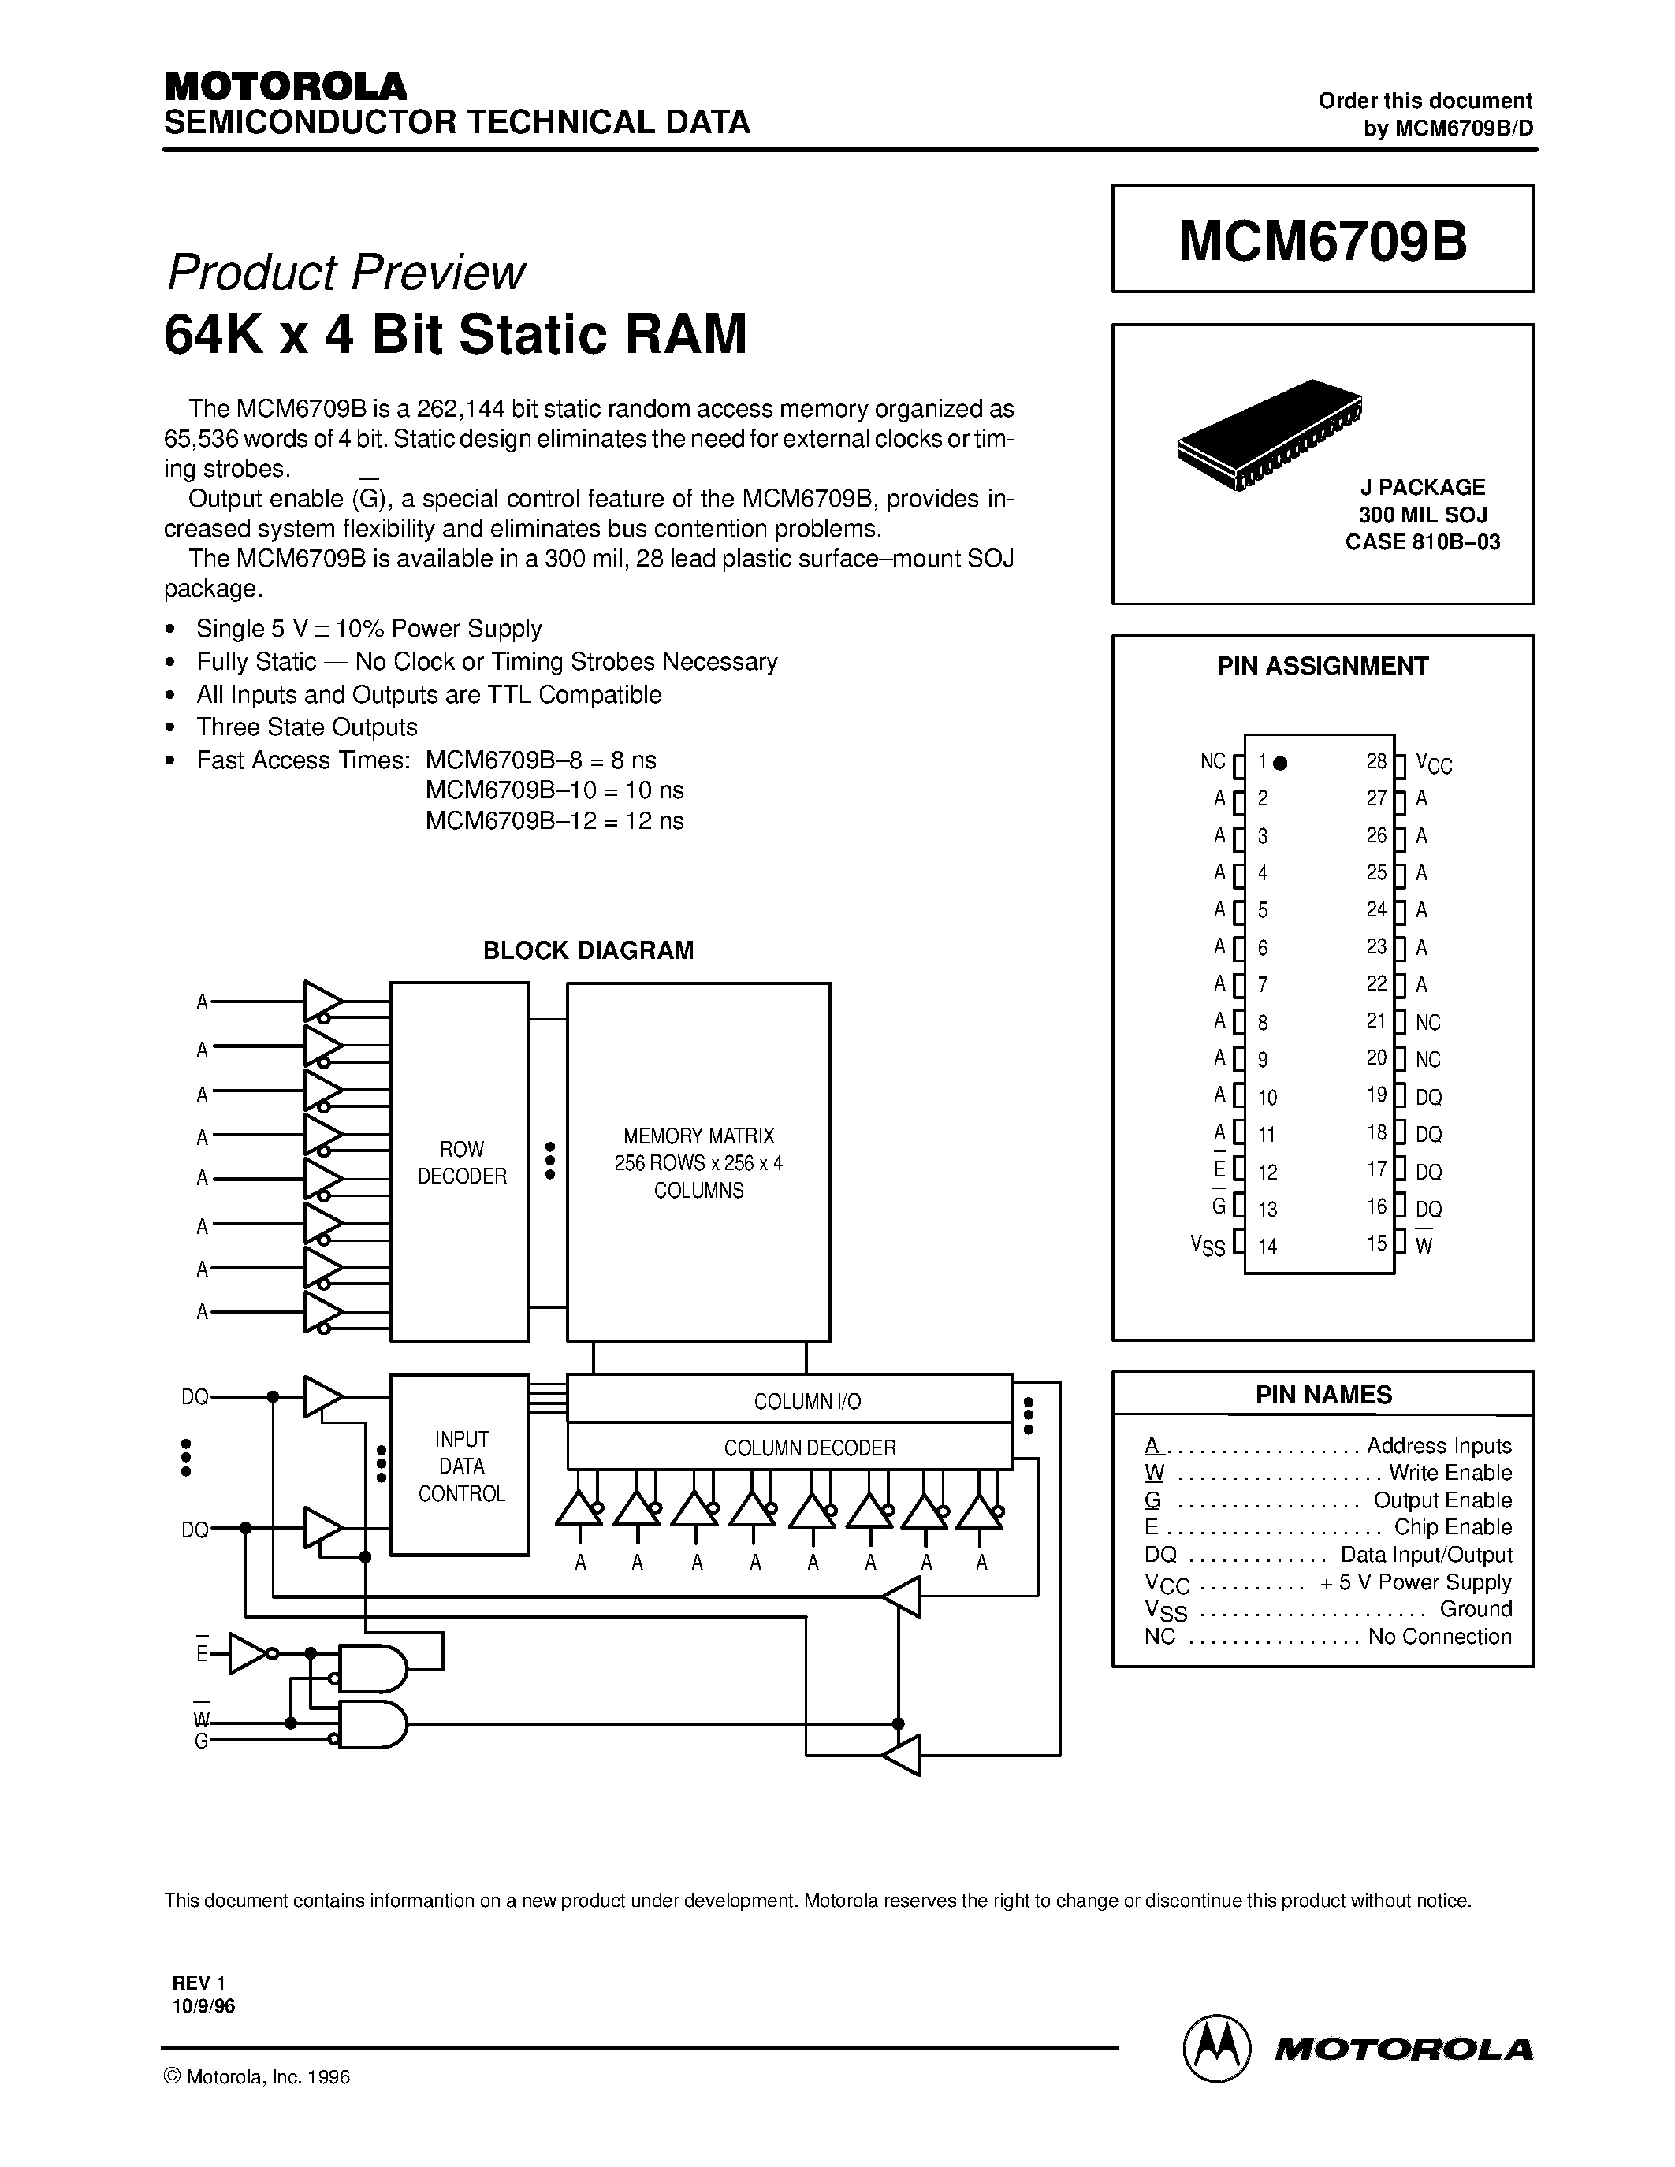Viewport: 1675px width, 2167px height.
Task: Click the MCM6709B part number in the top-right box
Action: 1322,240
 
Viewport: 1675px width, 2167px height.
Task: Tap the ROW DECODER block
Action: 460,1162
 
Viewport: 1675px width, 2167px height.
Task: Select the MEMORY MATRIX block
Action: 698,1162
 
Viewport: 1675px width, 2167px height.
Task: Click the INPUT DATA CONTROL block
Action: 460,1466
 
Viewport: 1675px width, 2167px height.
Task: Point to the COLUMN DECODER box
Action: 809,1448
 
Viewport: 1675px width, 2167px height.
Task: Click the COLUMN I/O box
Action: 806,1401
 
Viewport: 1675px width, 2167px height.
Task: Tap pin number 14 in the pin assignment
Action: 1267,1247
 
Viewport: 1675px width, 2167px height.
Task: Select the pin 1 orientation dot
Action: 1280,763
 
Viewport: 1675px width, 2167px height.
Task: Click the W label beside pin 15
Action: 1424,1247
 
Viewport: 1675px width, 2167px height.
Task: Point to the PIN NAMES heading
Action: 1323,1394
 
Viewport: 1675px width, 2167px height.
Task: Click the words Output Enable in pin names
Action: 1442,1500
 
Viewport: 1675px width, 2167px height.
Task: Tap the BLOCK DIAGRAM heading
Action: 587,950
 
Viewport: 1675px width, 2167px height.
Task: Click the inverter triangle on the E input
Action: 246,1654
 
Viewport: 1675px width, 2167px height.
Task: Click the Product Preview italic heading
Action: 345,272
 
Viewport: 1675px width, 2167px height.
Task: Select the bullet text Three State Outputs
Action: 307,727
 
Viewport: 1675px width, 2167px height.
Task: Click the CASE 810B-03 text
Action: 1422,542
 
